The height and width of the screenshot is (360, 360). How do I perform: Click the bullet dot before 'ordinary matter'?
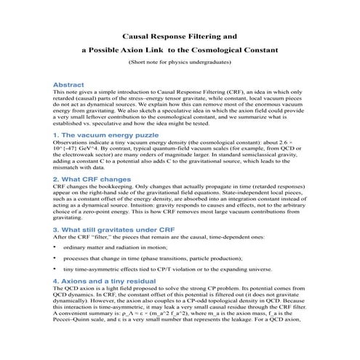(56, 248)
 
